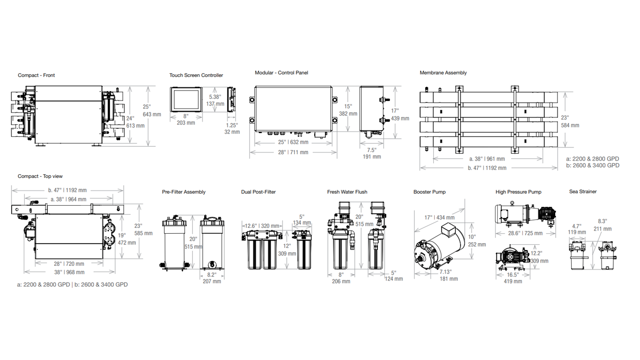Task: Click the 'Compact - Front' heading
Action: tap(36, 75)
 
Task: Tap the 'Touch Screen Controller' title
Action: tap(196, 75)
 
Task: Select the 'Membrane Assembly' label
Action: tap(443, 73)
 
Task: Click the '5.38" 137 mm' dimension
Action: tap(215, 101)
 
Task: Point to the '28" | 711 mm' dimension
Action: tap(293, 152)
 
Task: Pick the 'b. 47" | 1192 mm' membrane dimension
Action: tap(487, 168)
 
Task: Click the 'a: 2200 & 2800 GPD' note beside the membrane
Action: tap(593, 159)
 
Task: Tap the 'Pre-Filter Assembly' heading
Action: tap(184, 192)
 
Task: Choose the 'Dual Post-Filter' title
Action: tap(258, 192)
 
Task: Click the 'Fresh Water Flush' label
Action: tap(347, 192)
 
